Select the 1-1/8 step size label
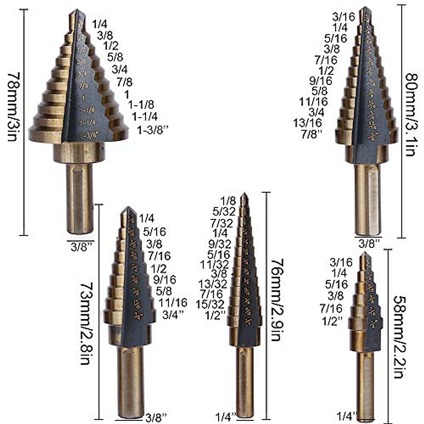click(141, 105)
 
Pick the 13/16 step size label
click(307, 123)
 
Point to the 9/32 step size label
click(220, 244)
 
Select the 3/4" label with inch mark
click(173, 314)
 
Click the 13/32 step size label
click(213, 284)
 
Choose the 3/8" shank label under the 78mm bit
click(82, 246)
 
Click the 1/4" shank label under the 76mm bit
click(225, 417)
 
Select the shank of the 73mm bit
click(131, 382)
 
